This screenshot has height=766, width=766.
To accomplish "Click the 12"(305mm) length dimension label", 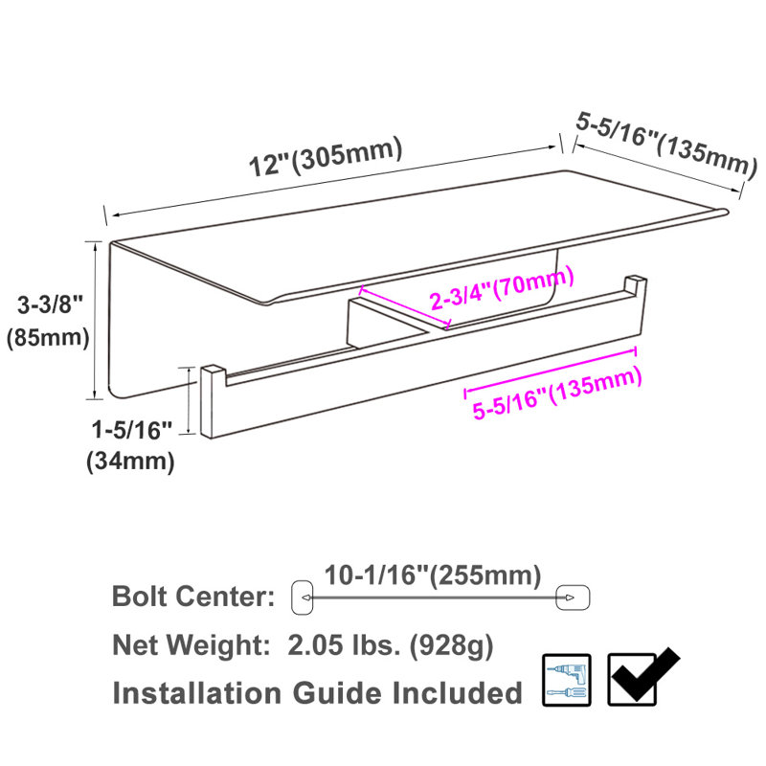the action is coord(326,156).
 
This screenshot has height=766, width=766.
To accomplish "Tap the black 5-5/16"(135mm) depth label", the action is coord(666,143).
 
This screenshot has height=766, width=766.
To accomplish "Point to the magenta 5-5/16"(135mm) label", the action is coord(557,394).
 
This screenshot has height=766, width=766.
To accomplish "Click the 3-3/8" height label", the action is coord(51,305).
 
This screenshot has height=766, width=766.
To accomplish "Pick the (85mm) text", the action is coord(48,338).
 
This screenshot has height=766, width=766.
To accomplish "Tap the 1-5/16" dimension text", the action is coord(132,430).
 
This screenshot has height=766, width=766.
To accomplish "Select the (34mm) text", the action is coord(130,462).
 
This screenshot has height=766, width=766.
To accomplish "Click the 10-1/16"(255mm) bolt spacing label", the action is coord(433,575).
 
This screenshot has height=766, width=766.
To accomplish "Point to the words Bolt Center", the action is coord(193,597).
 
